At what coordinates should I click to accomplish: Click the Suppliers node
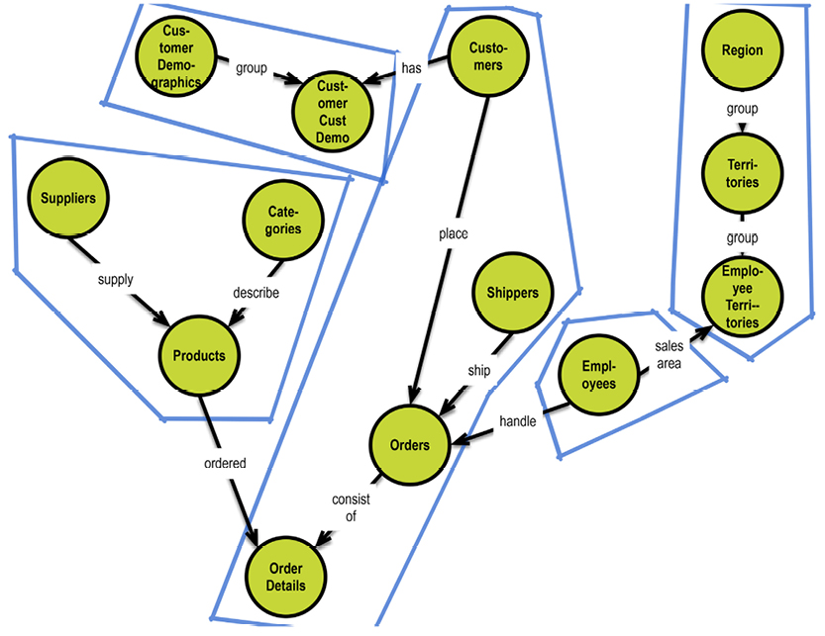coord(68,199)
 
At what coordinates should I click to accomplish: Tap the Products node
coord(199,356)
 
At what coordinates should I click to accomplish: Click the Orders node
coord(410,445)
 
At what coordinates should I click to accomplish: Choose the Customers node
coord(486,56)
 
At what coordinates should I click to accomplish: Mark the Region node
coord(742,51)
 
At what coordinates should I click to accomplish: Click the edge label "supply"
coord(115,279)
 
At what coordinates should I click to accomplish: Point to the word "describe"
coord(256,293)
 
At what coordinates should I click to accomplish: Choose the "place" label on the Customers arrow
coord(452,234)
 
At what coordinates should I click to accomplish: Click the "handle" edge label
coord(517,421)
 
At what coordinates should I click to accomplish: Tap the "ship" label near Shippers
coord(479,370)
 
